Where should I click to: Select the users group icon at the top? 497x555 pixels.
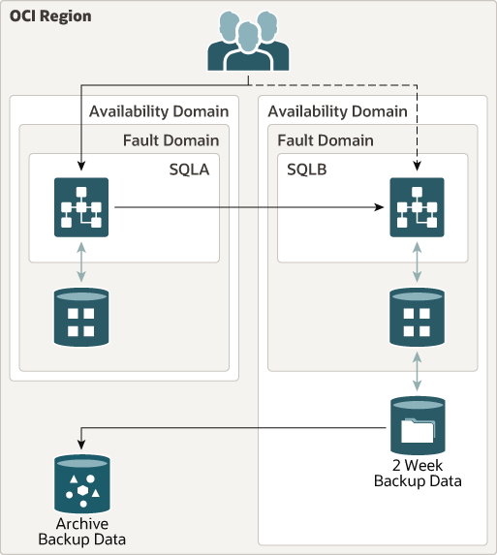(x=248, y=44)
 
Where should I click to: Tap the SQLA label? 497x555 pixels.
(x=189, y=170)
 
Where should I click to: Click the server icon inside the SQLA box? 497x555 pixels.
(x=81, y=207)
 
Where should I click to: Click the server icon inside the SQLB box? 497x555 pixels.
(x=417, y=207)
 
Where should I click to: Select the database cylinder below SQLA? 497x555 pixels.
(x=81, y=318)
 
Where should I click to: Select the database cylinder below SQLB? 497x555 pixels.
(x=417, y=318)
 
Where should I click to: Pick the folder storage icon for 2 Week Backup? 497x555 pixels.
(x=417, y=425)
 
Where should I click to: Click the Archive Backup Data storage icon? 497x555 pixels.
(x=81, y=483)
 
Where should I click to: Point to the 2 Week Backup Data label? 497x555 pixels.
(x=418, y=473)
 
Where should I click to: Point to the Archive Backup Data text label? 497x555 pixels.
(x=81, y=531)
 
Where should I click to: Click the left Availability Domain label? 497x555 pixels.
(x=159, y=111)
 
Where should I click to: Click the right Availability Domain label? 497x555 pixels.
(x=337, y=111)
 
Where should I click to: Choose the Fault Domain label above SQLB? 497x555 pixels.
(x=326, y=140)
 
